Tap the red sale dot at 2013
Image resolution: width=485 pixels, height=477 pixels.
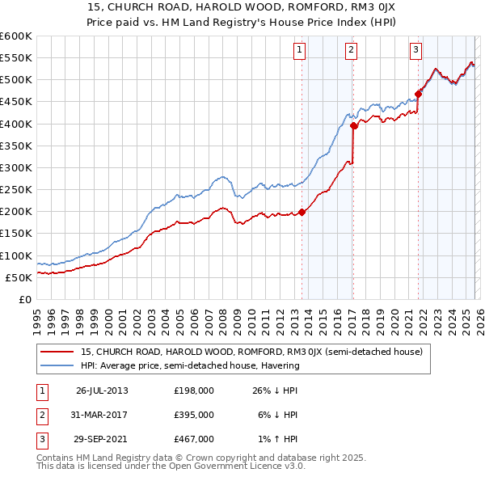click(302, 212)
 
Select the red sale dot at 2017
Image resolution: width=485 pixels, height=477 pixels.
click(354, 125)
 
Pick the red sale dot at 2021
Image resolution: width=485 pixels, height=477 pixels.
click(419, 94)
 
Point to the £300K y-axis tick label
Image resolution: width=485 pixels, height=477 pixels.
click(15, 167)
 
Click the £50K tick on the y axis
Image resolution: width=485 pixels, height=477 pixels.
click(18, 277)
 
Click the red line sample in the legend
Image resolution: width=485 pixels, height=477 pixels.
click(57, 352)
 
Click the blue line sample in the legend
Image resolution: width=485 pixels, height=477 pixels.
click(57, 365)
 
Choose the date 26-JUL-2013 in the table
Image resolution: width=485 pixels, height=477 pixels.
click(102, 390)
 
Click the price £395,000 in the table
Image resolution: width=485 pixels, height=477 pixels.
click(194, 415)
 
